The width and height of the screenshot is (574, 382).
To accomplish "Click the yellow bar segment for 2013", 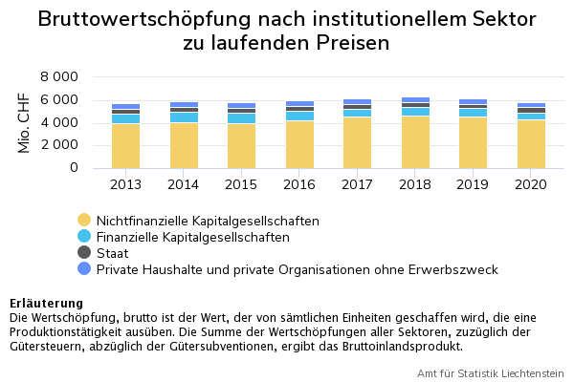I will point(125,145).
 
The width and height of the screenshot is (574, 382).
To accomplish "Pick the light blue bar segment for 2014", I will point(184,117).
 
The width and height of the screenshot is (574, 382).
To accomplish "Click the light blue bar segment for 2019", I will point(473,113).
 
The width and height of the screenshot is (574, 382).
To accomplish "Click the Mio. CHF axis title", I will point(25,122).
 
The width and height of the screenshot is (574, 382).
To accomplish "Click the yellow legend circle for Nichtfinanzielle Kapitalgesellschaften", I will point(84,221).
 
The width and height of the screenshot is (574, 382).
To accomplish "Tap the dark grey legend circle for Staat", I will point(84,253).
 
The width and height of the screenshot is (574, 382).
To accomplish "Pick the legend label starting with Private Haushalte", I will point(297,269).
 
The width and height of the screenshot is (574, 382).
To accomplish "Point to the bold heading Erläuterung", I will point(46,304).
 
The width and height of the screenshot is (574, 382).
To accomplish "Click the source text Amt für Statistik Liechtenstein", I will point(490,372).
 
